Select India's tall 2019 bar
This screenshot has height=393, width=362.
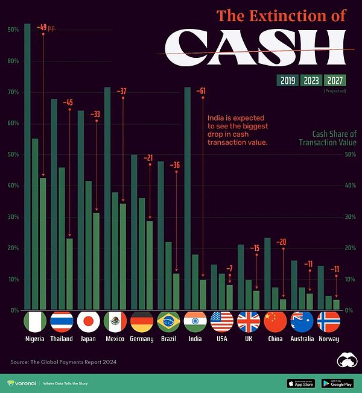(188, 199)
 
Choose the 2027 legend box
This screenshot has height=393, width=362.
(334, 80)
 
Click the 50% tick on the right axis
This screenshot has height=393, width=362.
(350, 155)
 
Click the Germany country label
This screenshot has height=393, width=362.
(142, 339)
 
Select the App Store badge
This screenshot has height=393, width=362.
(300, 383)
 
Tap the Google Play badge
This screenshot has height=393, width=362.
(337, 383)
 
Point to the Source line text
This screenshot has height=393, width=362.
(63, 362)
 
